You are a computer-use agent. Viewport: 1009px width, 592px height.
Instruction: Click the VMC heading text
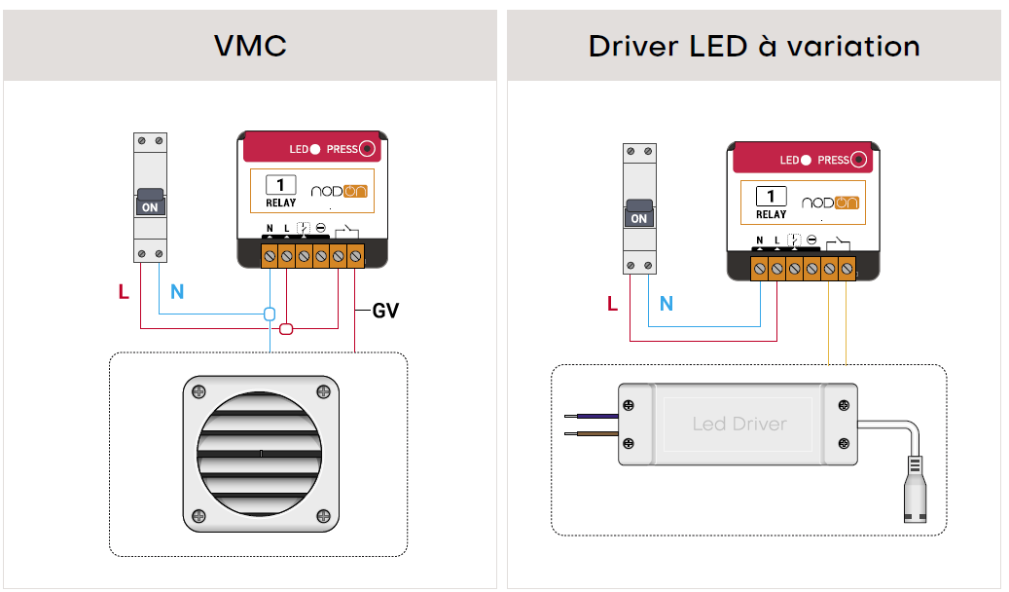[250, 46]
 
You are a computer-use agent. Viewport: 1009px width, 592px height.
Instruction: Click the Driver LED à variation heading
[754, 46]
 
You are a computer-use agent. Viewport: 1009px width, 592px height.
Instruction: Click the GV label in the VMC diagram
[385, 312]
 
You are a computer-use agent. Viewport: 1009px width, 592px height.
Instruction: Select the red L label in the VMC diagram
[124, 291]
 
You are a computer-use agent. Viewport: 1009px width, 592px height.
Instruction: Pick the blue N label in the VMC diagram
[177, 291]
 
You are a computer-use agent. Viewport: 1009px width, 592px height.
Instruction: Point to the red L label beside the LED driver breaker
[612, 304]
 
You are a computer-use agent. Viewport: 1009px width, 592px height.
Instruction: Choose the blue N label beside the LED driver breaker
[667, 304]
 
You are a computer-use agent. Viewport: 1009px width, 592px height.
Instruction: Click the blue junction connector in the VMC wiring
[270, 314]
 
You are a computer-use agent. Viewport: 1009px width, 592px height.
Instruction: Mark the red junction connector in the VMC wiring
[287, 328]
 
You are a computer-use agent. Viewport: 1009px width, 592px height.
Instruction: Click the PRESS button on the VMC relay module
[367, 149]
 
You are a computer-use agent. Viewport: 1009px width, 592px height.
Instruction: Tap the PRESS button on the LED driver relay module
[858, 160]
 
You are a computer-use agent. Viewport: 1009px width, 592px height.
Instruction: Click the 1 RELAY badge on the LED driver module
[771, 203]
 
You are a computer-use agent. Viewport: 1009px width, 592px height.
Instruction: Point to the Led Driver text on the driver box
[739, 424]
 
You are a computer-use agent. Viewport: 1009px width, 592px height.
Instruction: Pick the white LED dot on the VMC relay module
[316, 149]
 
